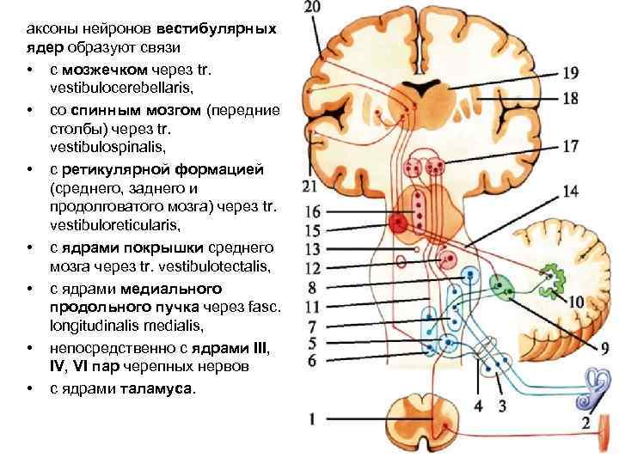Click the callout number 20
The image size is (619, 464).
click(313, 8)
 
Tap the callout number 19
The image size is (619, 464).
click(570, 74)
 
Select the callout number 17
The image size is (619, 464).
click(570, 146)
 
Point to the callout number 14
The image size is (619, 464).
click(570, 191)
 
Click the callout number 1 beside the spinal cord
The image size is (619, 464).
click(313, 420)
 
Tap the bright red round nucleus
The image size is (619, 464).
click(398, 224)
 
